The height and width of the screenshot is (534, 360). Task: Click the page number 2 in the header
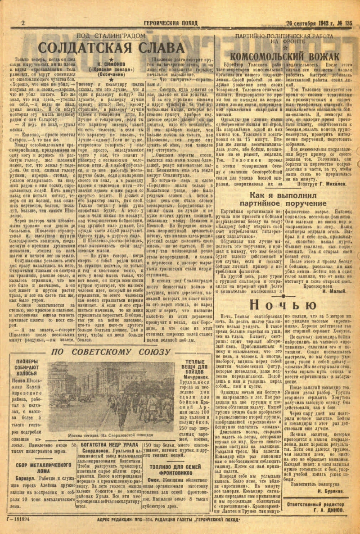(x=22, y=23)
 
